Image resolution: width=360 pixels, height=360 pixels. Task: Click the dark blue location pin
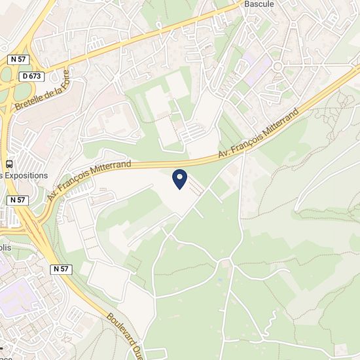179,178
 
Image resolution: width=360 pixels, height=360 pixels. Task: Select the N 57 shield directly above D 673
18,59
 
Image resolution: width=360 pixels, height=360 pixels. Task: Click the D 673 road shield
31,76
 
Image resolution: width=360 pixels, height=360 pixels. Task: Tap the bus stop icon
10,164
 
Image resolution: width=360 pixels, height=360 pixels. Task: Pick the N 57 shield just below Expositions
18,200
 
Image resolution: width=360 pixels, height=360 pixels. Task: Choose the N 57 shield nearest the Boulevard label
61,268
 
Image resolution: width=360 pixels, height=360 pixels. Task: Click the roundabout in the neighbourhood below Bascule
278,66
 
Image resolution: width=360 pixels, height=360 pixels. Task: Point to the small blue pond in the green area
220,280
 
